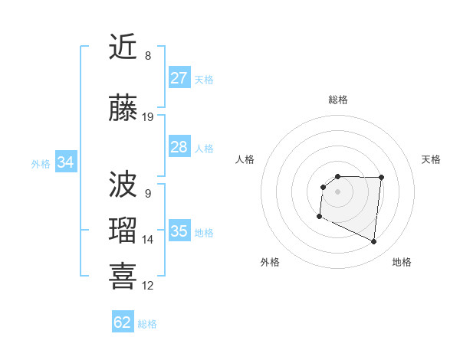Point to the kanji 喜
[x=123, y=277]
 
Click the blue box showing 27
[x=179, y=78]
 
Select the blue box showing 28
[x=179, y=147]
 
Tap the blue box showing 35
[x=179, y=231]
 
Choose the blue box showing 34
[x=65, y=162]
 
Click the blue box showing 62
[x=123, y=322]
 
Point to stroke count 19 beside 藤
[x=148, y=117]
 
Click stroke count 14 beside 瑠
[x=148, y=240]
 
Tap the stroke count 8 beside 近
[x=148, y=56]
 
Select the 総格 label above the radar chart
[x=338, y=100]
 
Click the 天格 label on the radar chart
[x=432, y=159]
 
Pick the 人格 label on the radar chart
[x=245, y=159]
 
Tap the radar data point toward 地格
[x=374, y=242]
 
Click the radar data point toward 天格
[x=382, y=178]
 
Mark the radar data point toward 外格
[x=319, y=217]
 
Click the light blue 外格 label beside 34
[x=40, y=163]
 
